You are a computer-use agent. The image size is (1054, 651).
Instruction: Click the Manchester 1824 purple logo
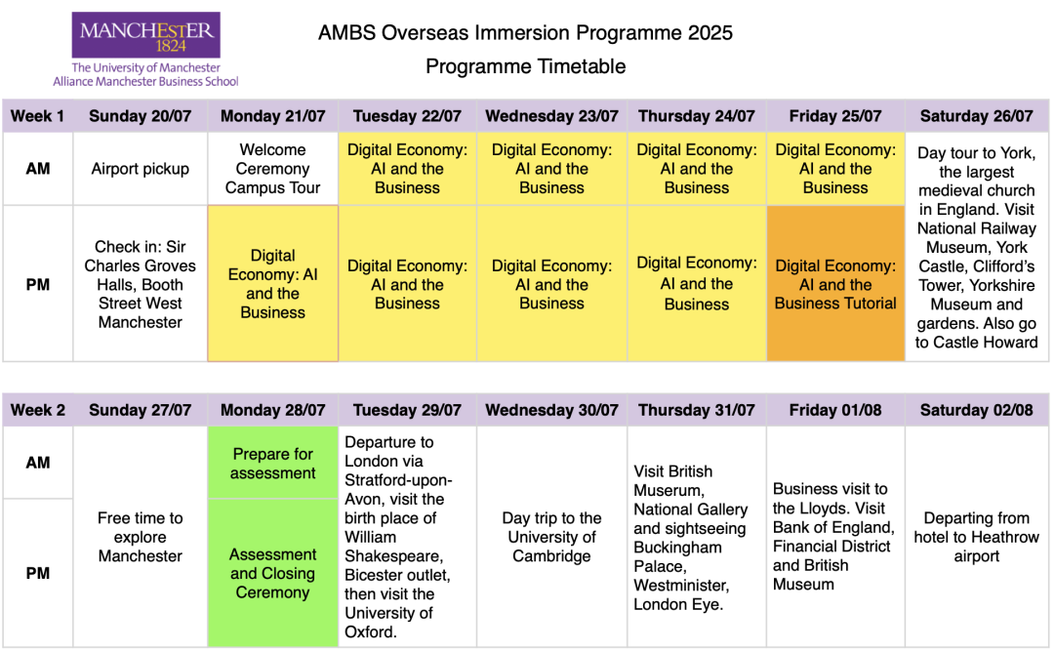145,34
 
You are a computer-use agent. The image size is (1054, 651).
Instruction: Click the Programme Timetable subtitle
526,66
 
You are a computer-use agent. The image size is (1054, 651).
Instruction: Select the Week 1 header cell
38,116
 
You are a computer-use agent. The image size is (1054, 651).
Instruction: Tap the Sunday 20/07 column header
140,116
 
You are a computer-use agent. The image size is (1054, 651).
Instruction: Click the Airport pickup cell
140,169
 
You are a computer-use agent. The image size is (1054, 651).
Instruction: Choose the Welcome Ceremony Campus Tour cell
272,169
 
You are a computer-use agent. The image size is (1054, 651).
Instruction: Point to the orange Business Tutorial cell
835,284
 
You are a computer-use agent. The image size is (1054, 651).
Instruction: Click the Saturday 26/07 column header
976,116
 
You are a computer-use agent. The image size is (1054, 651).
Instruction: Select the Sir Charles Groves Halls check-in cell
140,284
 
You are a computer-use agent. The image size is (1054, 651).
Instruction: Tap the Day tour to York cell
976,247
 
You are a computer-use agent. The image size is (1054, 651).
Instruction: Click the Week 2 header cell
38,410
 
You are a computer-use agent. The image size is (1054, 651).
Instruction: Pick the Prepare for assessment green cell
272,463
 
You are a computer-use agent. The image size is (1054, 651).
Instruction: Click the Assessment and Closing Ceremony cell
272,573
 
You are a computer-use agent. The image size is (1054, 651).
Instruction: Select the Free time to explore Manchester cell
140,537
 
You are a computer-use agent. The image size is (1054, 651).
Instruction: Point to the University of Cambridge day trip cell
551,537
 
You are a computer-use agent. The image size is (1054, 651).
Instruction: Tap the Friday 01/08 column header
835,410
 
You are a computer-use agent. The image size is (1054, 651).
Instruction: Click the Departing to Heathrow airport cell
976,537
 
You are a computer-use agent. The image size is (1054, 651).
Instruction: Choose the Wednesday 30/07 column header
551,410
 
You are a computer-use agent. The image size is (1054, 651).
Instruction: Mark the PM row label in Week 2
38,573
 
